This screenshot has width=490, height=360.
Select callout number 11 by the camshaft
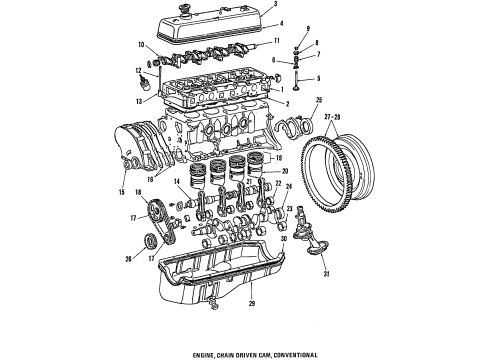tap(292, 41)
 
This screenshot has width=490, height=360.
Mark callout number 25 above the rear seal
tap(319, 100)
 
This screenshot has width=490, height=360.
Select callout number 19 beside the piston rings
tap(279, 158)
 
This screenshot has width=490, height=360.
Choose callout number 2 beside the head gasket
tap(288, 103)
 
